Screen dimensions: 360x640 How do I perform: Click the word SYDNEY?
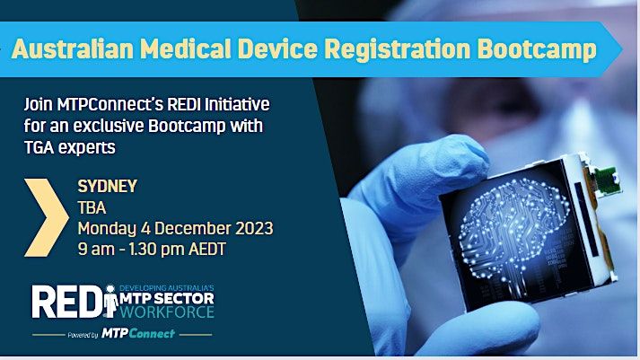[x=108, y=188]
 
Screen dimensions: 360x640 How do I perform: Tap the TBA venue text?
[x=92, y=208]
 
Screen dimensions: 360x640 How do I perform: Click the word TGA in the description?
[x=42, y=142]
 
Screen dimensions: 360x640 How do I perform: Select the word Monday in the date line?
[x=107, y=229]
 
